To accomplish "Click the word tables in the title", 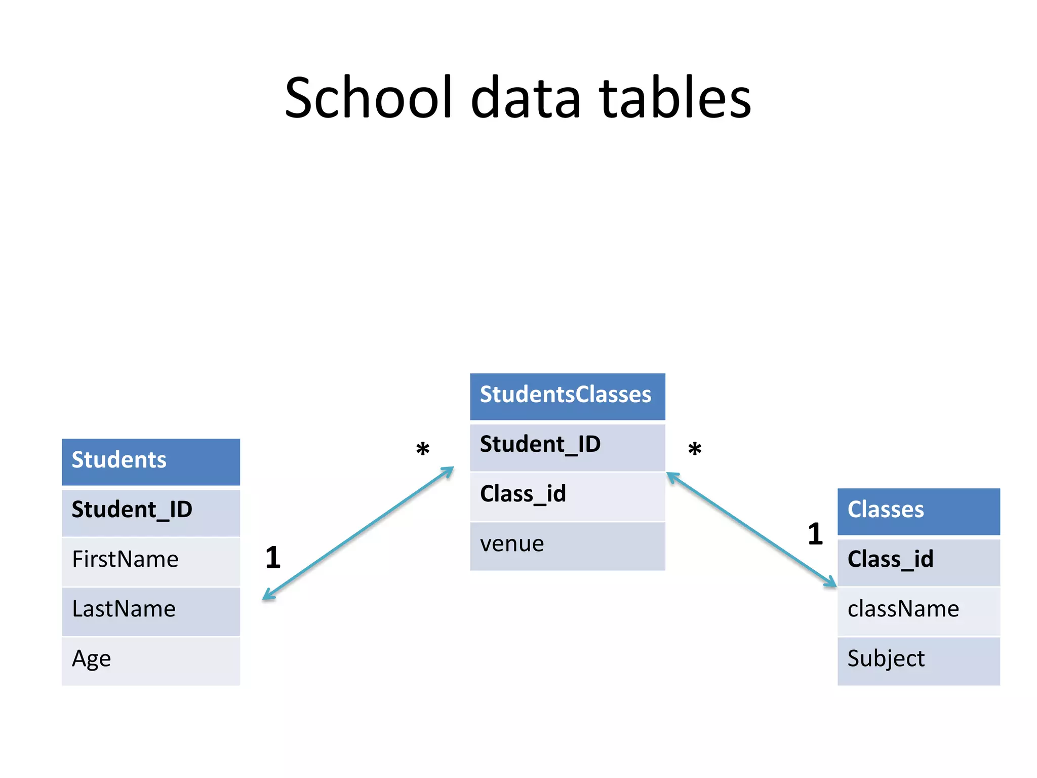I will pyautogui.click(x=675, y=97).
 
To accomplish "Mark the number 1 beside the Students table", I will pyautogui.click(x=273, y=558).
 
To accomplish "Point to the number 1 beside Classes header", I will pyautogui.click(x=815, y=534).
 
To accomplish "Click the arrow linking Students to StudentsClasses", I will pyautogui.click(x=358, y=533).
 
